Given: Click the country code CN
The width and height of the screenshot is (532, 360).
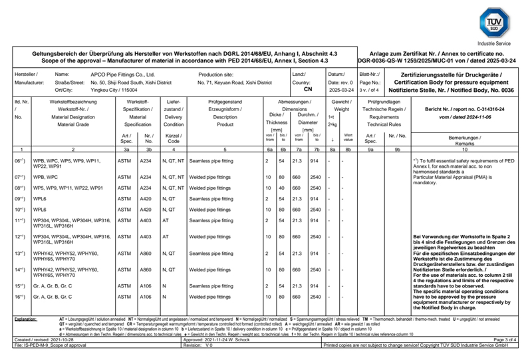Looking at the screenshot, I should click(x=308, y=89).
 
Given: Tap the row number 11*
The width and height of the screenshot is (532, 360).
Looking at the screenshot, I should click(x=20, y=220).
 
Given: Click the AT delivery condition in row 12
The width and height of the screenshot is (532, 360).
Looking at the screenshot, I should click(x=166, y=236).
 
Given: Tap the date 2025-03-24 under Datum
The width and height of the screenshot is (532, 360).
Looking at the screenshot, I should click(x=341, y=89).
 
